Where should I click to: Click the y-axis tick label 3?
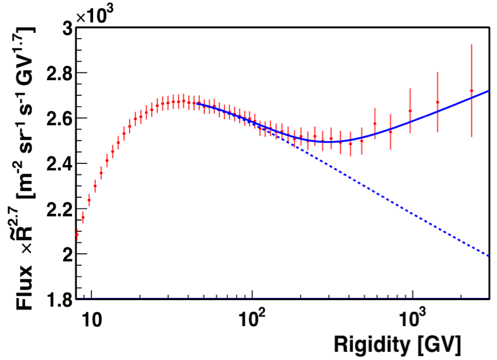(x=65, y=28)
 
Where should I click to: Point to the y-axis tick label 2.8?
(x=57, y=73)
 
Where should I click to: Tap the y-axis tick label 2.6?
(x=57, y=119)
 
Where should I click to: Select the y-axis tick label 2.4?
(x=57, y=164)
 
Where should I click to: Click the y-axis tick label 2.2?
(x=57, y=209)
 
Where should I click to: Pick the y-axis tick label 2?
(x=65, y=254)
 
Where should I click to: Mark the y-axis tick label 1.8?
(x=57, y=300)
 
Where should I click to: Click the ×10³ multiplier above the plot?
(x=95, y=15)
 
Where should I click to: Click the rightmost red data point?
(x=472, y=91)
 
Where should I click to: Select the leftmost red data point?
(x=76, y=234)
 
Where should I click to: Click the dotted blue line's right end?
(x=489, y=256)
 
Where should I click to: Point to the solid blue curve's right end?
(x=489, y=91)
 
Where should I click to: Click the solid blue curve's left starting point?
(x=197, y=104)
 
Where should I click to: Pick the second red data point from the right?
(x=437, y=102)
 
